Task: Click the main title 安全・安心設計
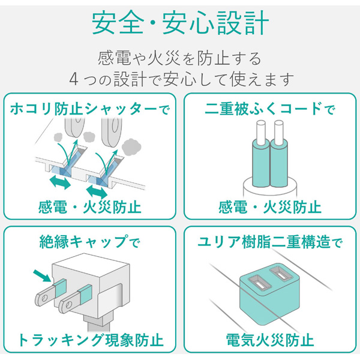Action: pos(180,23)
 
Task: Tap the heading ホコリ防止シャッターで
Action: pos(90,109)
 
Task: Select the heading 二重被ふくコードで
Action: pos(270,109)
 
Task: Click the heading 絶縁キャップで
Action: pos(90,242)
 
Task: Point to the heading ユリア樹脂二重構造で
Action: pos(270,242)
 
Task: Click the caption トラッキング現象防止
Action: pos(91,340)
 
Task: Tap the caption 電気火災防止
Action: pos(270,340)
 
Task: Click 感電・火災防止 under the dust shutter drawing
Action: pos(90,207)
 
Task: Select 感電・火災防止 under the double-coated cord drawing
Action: pos(270,207)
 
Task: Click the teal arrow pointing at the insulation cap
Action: pos(42,275)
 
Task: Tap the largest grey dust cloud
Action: pos(131,146)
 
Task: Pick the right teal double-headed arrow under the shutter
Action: pos(97,192)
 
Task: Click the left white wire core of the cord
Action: pos(261,132)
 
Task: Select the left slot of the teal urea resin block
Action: pos(260,284)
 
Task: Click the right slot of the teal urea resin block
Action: pos(281,274)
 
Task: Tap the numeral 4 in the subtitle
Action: pos(74,79)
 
